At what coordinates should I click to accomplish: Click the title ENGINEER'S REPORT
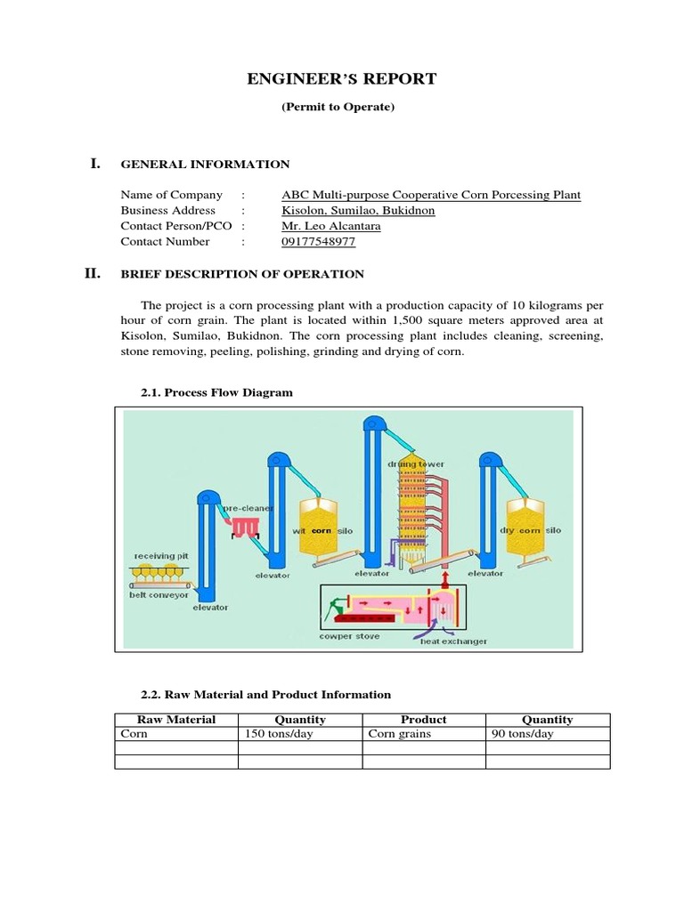point(342,79)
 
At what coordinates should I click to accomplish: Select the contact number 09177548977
point(312,241)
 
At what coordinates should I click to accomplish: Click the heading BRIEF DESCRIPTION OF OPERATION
point(242,274)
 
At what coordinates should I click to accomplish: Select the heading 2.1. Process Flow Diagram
point(216,392)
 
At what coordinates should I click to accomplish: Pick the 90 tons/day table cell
point(522,734)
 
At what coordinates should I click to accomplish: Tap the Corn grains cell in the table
point(400,734)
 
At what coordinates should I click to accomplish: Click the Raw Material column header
point(175,720)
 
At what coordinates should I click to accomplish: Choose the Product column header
point(423,720)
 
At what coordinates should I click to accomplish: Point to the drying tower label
point(415,464)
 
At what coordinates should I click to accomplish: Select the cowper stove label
point(348,636)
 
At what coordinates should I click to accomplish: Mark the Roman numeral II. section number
point(93,273)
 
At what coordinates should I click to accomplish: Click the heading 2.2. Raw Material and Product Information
point(266,694)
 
